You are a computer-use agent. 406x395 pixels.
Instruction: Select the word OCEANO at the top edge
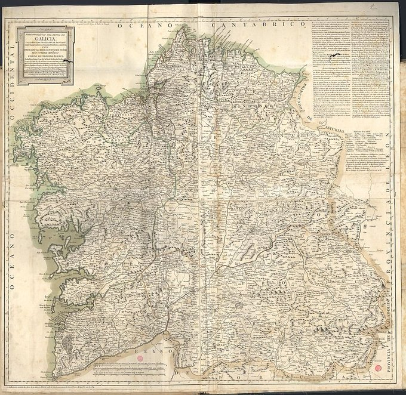[x=143, y=27]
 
